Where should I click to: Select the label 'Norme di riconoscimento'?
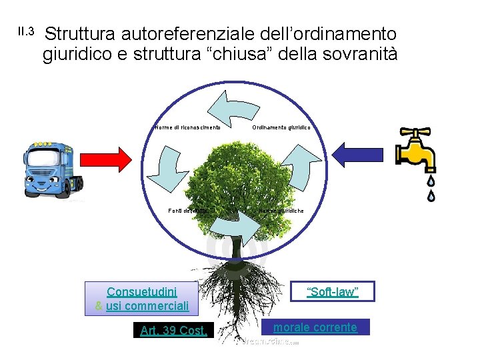click(x=187, y=127)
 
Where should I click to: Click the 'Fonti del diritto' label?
click(x=191, y=211)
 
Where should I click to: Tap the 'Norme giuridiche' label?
click(x=281, y=211)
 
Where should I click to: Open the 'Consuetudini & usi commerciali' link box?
click(x=142, y=299)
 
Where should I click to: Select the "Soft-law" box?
click(x=333, y=292)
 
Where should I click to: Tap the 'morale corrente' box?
click(x=315, y=327)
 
